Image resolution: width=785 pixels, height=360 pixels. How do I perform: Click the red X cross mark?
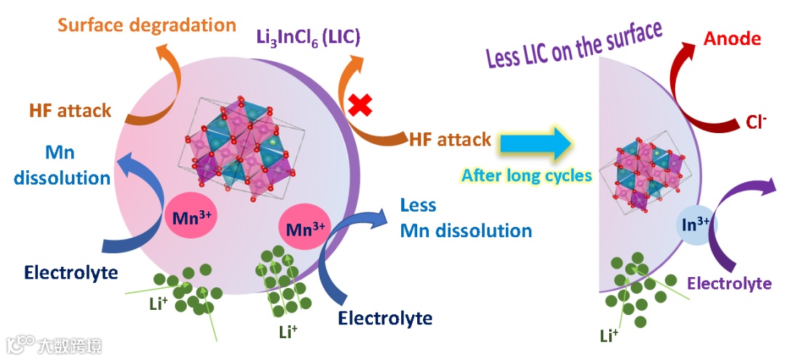tap(358, 106)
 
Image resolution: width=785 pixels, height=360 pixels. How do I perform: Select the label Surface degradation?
tap(147, 25)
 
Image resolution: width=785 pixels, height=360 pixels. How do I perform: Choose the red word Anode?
tap(732, 39)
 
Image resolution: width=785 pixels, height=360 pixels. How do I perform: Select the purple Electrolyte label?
tap(729, 283)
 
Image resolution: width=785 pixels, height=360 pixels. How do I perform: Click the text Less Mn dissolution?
tap(466, 218)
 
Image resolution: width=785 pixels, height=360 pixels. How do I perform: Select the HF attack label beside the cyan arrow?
tap(450, 139)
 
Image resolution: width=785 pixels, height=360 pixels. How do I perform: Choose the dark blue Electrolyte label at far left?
tap(71, 273)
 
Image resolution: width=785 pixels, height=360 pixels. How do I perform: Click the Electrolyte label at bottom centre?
tap(385, 318)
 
